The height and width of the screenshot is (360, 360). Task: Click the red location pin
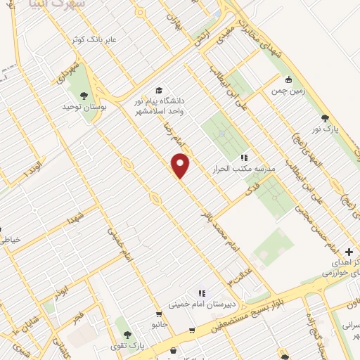point(181,165)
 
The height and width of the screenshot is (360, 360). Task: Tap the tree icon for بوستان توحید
point(84,95)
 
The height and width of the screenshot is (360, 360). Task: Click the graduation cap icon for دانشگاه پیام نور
point(160,91)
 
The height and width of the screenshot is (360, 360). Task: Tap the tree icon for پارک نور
point(324,118)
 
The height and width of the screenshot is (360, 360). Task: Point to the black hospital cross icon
point(349,252)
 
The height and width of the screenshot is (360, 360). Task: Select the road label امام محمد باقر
point(219,227)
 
